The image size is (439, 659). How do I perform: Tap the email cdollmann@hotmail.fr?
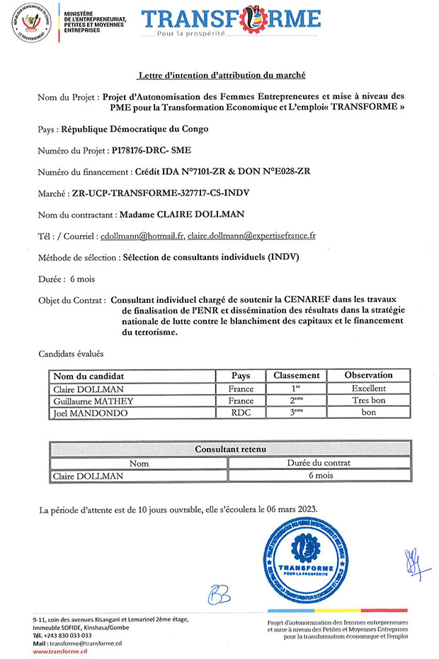click(x=142, y=235)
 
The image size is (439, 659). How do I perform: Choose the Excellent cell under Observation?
click(x=368, y=389)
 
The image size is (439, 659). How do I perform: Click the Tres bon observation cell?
click(x=368, y=401)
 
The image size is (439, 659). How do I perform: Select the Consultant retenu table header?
click(x=229, y=449)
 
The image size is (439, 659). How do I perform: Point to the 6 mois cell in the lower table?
click(x=319, y=476)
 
